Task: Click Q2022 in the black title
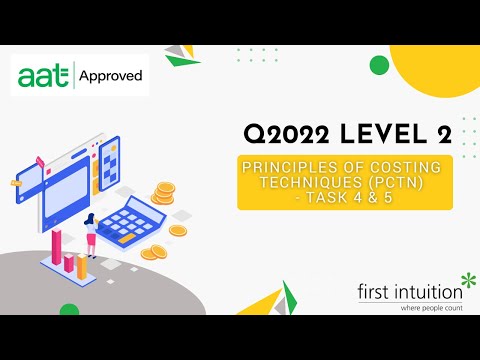point(291,133)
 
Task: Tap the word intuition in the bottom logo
point(431,292)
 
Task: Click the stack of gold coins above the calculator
point(163,193)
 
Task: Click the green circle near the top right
point(379,66)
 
